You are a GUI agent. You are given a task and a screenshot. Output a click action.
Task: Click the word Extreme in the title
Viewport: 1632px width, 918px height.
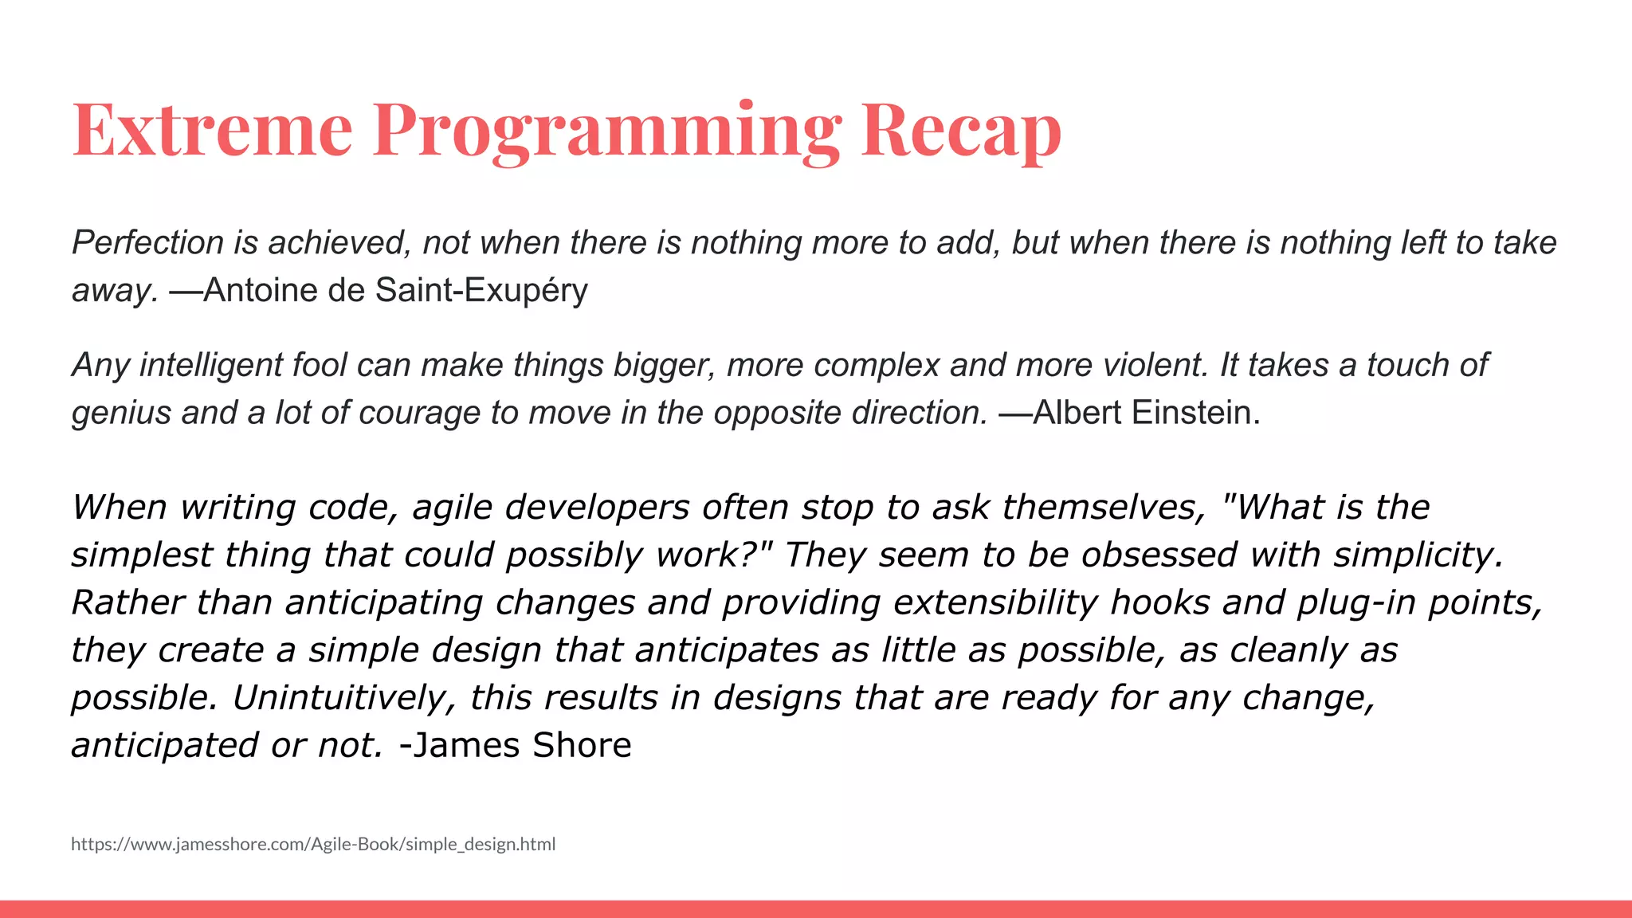(212, 129)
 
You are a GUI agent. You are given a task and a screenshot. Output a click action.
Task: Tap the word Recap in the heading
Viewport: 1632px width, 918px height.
(961, 129)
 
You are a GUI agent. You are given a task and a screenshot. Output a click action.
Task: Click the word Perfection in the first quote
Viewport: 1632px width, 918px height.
(147, 242)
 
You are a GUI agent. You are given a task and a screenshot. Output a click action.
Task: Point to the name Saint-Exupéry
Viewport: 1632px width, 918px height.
(482, 290)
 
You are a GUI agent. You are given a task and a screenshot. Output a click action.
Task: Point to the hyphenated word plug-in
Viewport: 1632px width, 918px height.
(1356, 603)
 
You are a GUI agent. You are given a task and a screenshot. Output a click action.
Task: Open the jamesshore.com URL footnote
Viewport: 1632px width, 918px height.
(313, 844)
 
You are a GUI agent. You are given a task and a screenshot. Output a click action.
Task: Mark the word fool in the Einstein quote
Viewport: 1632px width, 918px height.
(320, 365)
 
